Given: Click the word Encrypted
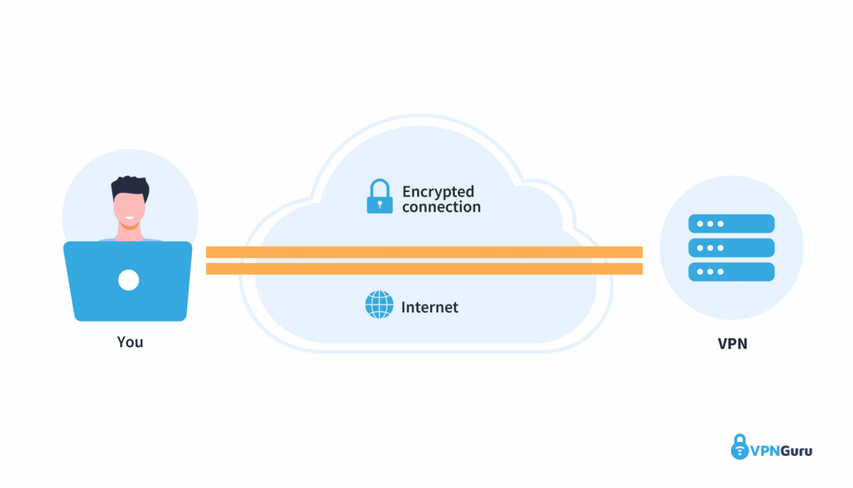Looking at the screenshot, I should point(438,191).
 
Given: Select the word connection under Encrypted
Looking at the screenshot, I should point(441,207).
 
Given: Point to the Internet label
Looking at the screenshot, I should point(430,307).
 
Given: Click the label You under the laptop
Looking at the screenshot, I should point(130,342).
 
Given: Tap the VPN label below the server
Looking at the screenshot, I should point(731,344).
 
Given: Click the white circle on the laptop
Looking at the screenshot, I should point(129,280).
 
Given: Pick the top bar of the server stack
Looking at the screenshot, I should point(731,224).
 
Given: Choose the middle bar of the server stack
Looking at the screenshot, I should point(731,248).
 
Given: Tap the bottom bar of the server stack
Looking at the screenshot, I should point(731,272).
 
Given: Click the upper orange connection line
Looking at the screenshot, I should point(424,252).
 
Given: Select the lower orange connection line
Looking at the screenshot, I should point(424,269).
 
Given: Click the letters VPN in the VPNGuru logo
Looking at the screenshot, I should point(765,450).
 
